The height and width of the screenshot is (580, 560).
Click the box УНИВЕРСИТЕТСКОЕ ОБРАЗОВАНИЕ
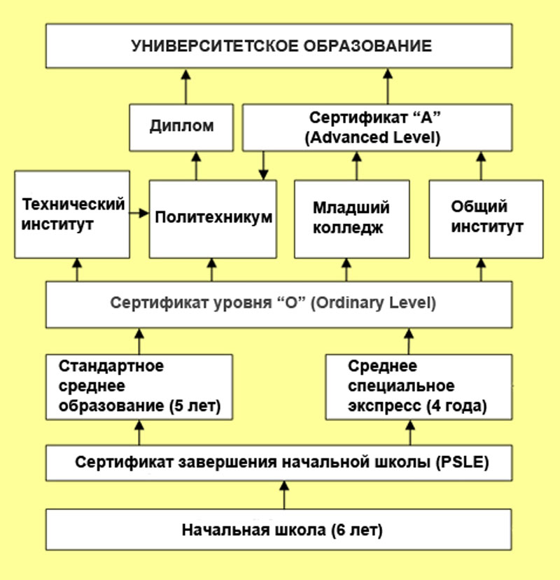(279, 46)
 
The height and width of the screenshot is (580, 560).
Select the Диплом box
(181, 127)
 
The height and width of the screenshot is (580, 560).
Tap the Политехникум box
(213, 219)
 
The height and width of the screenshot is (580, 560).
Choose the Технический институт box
(72, 214)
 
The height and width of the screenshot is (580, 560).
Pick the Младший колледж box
(352, 219)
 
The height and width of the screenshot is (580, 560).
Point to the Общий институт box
(486, 219)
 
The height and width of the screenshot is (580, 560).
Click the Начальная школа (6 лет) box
(279, 530)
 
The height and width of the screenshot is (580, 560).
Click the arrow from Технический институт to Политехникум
(139, 213)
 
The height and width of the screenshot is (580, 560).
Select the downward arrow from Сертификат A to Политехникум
(263, 165)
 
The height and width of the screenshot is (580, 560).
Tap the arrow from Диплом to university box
(186, 87)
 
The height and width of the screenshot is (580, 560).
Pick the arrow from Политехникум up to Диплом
(196, 166)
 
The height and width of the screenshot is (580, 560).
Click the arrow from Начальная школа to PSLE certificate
(284, 495)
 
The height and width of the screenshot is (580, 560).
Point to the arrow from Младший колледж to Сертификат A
(357, 166)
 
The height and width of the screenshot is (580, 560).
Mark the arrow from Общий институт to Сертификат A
(481, 166)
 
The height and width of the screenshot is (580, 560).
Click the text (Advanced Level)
(372, 137)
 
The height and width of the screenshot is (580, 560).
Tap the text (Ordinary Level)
(373, 303)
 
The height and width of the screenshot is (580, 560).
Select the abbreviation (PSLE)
(463, 462)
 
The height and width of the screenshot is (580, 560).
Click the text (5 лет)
(195, 406)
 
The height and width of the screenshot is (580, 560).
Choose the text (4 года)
(456, 406)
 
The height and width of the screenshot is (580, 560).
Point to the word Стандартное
(111, 366)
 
